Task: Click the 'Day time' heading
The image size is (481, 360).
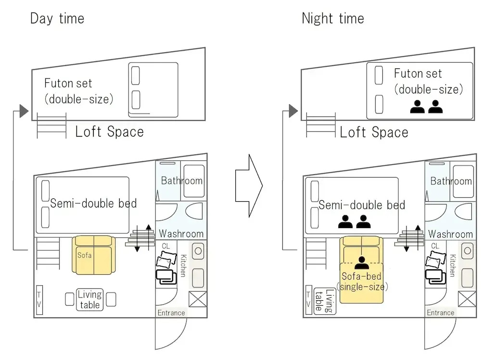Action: [57, 19]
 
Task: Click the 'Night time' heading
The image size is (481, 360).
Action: [333, 19]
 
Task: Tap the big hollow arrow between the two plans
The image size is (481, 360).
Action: [249, 186]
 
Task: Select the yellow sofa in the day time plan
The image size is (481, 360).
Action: [94, 255]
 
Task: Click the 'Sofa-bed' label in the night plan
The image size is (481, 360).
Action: [361, 276]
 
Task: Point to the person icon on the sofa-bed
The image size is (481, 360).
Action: [362, 263]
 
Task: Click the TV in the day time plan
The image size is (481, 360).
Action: [39, 300]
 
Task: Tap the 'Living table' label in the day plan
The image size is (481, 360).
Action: [89, 299]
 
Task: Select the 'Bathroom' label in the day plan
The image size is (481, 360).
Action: [182, 180]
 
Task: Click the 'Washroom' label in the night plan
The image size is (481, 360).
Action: [450, 234]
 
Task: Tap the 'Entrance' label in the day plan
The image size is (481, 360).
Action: [171, 313]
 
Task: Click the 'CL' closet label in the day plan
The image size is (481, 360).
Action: [165, 246]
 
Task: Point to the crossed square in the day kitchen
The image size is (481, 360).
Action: [198, 299]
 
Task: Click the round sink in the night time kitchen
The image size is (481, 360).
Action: [467, 251]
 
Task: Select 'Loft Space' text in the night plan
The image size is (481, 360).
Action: [374, 132]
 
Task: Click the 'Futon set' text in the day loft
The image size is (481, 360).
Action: [68, 83]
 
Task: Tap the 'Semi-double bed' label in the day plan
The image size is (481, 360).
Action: [93, 203]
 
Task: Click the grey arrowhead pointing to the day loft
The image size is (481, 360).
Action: [24, 111]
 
